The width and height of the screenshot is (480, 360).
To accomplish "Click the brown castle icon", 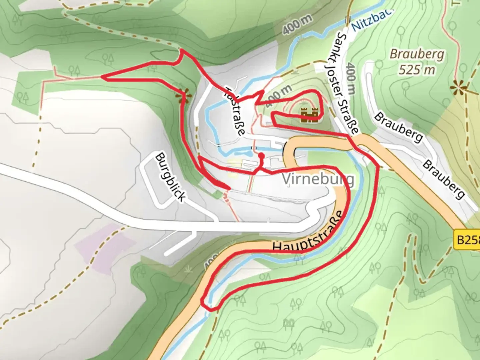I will point(310,115).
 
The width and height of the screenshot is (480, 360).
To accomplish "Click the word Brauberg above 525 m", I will point(417,54).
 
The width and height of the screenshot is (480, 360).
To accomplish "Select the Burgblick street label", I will point(170,177).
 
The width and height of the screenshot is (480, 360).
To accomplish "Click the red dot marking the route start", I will point(261,156).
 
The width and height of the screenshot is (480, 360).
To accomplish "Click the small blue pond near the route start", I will point(242,153).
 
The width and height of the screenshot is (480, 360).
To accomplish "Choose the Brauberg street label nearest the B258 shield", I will point(443,179).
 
